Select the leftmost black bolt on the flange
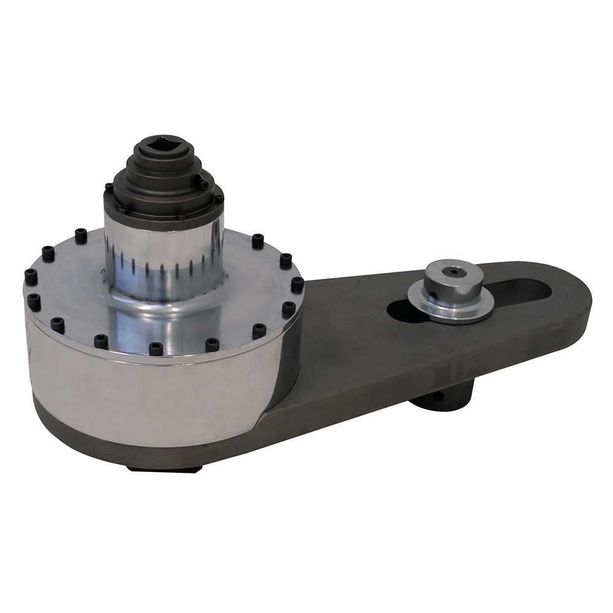(30, 276)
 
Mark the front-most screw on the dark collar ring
(181, 216)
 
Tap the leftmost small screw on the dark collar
(109, 186)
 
